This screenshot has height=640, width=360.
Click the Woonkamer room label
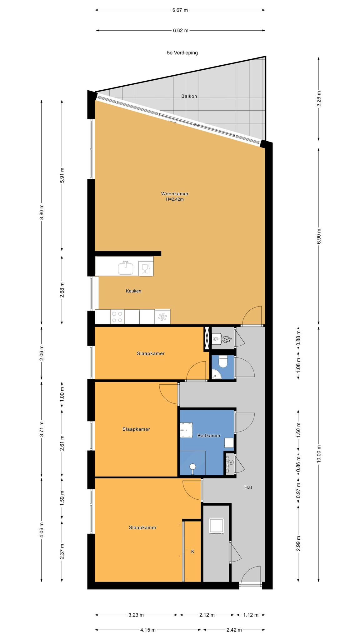[175, 194]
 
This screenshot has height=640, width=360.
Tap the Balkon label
[189, 96]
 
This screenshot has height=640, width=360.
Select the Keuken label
[133, 291]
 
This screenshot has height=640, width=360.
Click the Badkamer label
[209, 436]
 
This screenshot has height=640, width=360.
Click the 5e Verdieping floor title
[182, 53]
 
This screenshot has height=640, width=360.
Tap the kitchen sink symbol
[126, 268]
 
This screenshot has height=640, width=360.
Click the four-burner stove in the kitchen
[117, 317]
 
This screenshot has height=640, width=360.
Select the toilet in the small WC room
[223, 362]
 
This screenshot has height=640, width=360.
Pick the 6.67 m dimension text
[180, 10]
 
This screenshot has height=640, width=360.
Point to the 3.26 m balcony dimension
[319, 99]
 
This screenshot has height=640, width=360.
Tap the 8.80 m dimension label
[42, 212]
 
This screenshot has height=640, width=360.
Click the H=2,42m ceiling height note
[175, 199]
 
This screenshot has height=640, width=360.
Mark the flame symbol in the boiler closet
[227, 339]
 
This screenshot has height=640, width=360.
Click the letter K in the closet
[192, 552]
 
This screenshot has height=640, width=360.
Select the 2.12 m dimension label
[207, 606]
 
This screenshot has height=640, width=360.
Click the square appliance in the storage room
[217, 526]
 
